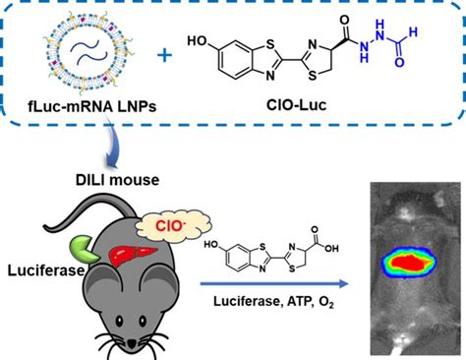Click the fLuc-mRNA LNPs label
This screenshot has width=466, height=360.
click(70, 105)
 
